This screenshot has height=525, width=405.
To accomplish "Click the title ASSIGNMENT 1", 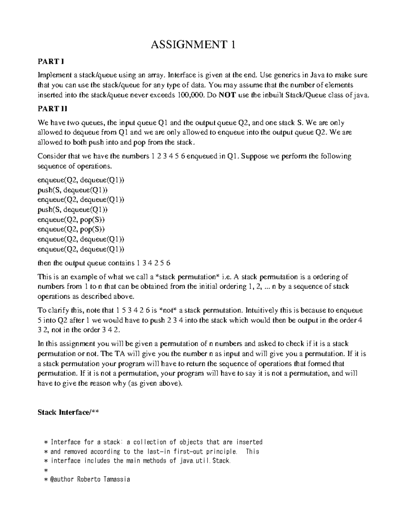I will (x=193, y=45).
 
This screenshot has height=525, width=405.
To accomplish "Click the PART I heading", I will (x=51, y=62).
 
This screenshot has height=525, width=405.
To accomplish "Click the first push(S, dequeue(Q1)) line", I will (x=73, y=190).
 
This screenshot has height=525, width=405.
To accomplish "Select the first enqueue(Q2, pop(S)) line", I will (x=71, y=219).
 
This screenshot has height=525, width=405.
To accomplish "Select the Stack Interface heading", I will (x=69, y=412).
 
